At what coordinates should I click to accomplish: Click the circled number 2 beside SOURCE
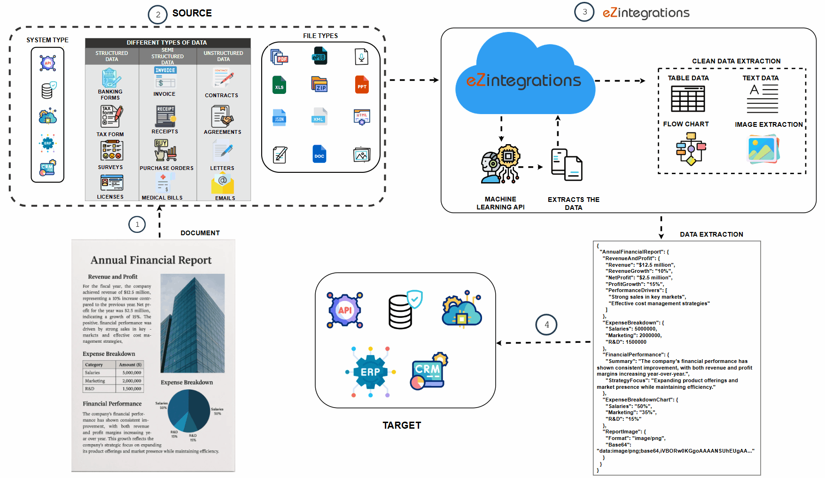(158, 15)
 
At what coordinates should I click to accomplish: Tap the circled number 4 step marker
(546, 324)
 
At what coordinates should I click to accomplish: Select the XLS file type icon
(279, 85)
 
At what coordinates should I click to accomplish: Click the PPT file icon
(362, 85)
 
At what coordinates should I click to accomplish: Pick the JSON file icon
(279, 117)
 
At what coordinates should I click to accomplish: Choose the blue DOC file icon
(319, 154)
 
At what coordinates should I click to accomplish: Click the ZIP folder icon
(319, 85)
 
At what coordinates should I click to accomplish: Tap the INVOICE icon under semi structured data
(165, 77)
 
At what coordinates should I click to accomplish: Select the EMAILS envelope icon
(223, 184)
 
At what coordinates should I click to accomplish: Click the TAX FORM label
(110, 134)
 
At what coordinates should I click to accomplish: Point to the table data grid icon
(688, 99)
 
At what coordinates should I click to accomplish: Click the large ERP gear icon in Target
(371, 372)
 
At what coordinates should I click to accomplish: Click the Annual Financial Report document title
(151, 260)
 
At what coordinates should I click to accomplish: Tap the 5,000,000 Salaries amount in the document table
(132, 373)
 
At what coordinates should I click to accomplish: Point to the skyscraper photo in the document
(193, 323)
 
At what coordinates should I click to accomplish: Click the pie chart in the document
(189, 411)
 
